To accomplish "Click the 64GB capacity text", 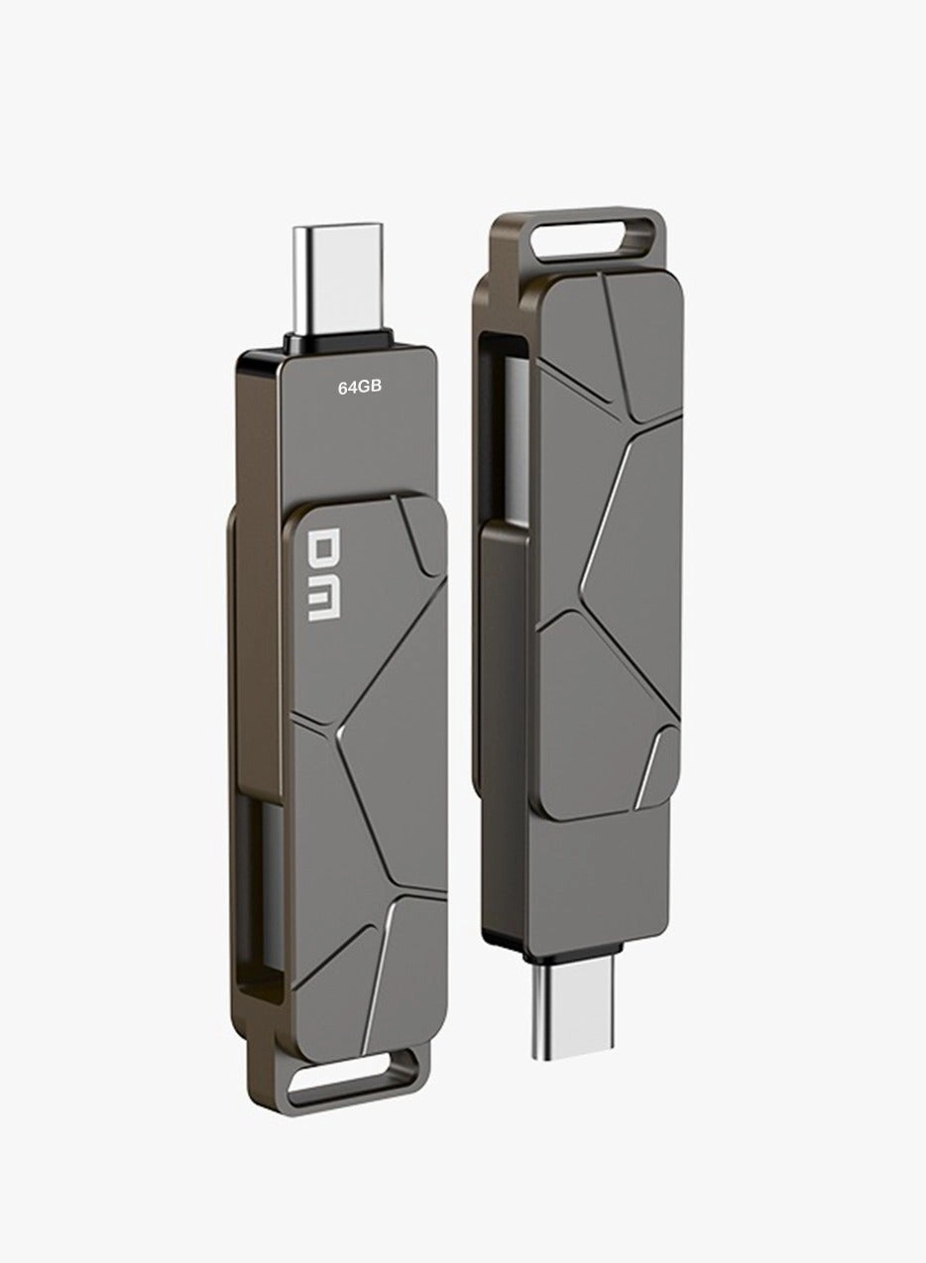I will [360, 389].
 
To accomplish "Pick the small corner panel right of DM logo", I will [422, 530].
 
